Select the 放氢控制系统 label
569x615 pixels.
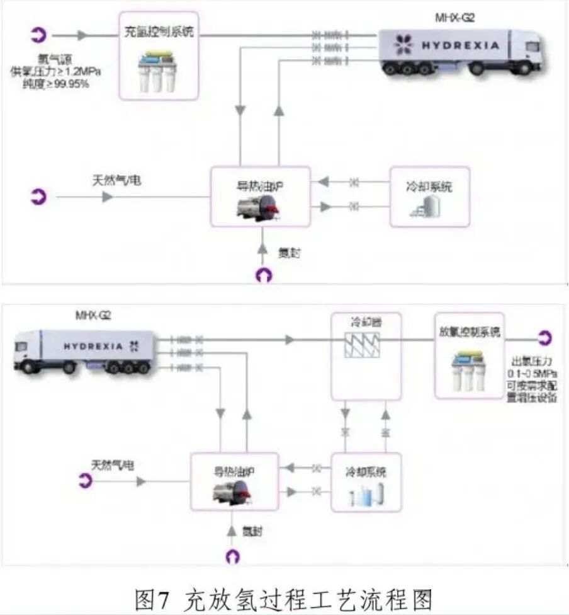tap(469, 332)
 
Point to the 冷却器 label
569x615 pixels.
tap(366, 323)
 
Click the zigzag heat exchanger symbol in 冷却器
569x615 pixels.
tap(366, 346)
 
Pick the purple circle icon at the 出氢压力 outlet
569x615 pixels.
tap(544, 338)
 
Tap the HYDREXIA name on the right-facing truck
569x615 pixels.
tap(460, 45)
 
